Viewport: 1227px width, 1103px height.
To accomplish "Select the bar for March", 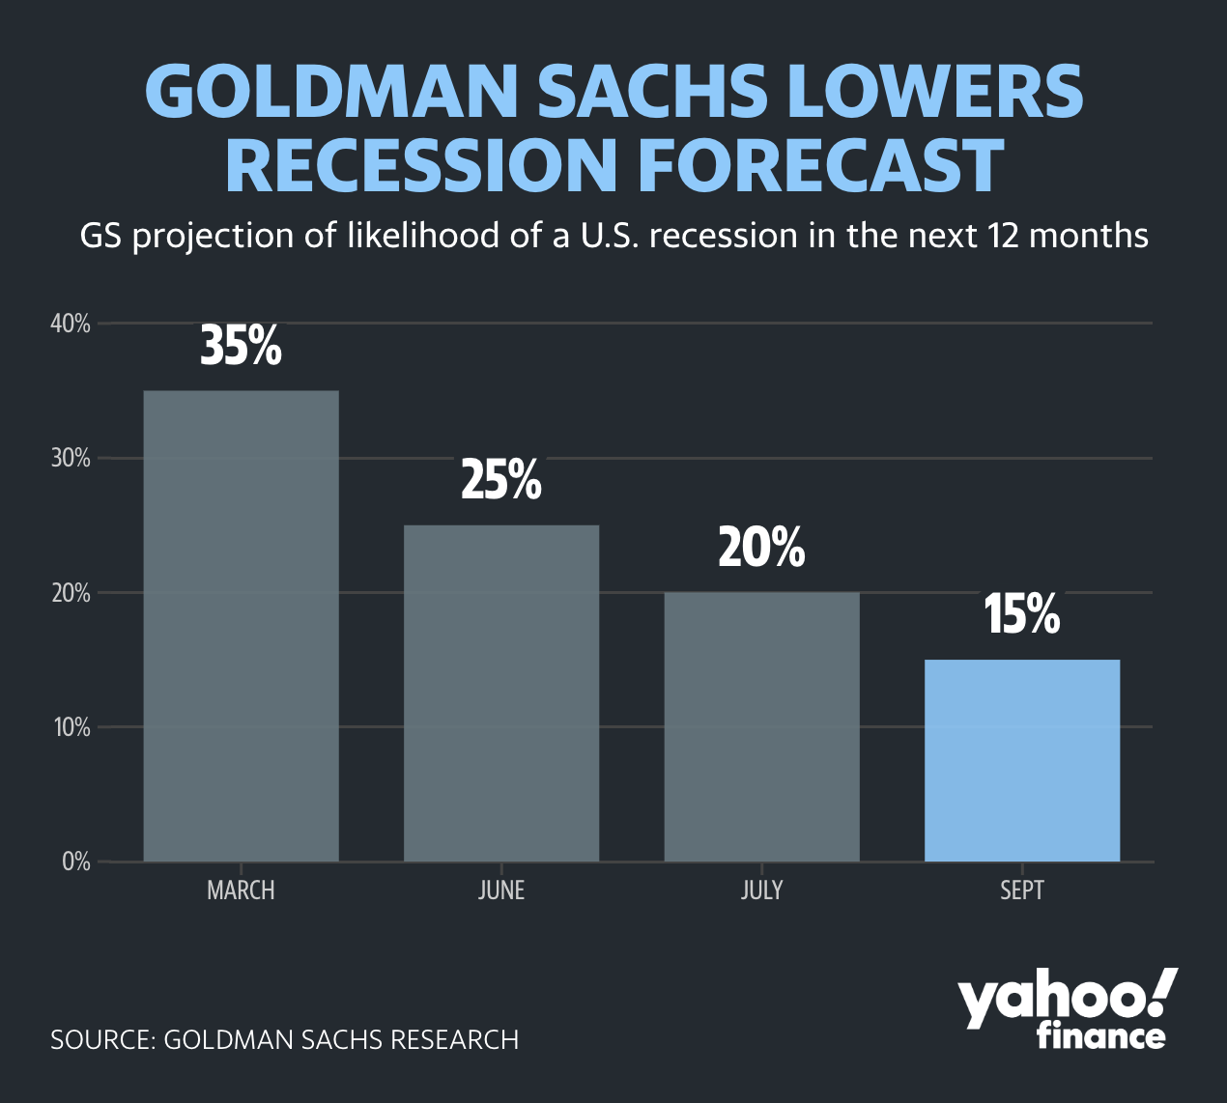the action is (241, 626).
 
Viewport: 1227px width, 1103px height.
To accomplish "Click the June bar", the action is (501, 693).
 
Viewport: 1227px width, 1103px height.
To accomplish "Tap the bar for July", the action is (762, 726).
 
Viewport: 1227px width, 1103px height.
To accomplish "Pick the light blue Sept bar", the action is (1022, 760).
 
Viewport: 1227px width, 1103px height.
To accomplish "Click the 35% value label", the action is (241, 346).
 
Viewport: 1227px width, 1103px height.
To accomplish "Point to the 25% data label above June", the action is (501, 480).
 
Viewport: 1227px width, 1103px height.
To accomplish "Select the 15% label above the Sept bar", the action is (1022, 614).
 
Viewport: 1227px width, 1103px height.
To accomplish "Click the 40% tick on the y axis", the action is (71, 324).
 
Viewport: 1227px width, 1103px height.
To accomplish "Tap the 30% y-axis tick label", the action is (71, 458).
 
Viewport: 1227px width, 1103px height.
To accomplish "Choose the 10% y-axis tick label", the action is (71, 727).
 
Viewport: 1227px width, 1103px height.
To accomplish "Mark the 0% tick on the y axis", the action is (76, 862).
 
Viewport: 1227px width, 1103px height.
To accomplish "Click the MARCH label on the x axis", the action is (241, 891).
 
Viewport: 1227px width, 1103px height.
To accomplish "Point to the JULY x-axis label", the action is (762, 891).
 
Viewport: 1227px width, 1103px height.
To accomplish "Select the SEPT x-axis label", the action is (1022, 891).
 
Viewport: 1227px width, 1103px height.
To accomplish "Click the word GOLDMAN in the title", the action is (332, 91).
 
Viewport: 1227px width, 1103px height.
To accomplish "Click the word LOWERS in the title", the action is (935, 91).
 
